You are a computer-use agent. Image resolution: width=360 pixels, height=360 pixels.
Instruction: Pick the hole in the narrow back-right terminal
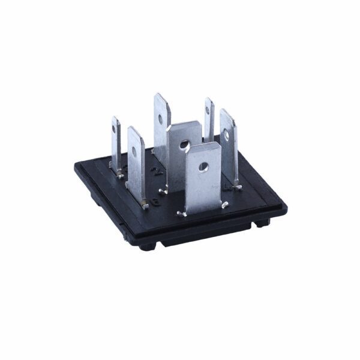point(209,109)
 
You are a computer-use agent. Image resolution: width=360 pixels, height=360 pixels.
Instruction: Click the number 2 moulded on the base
point(157,172)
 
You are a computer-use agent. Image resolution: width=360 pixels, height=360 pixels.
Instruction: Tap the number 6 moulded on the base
point(156,201)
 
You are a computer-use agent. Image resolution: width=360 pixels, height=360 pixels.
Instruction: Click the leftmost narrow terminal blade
point(116,144)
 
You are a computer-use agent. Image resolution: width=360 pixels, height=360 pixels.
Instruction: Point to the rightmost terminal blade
point(229,150)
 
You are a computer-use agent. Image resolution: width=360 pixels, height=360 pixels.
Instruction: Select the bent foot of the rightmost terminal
point(238,188)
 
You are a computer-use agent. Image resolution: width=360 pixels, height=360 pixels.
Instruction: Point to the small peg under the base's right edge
point(262,224)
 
